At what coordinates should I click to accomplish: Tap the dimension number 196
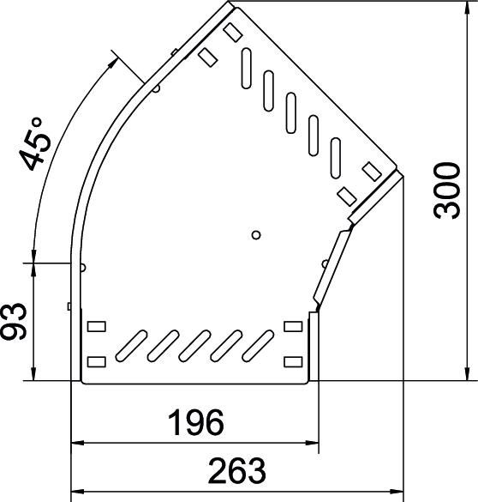(194, 423)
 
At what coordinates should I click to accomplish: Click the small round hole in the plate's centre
(255, 234)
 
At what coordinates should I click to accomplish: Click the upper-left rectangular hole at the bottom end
(95, 326)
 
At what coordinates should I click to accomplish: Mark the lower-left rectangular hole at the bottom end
(95, 360)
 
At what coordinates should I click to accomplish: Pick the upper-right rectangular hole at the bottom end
(293, 326)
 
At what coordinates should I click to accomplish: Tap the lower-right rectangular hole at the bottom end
(293, 360)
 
